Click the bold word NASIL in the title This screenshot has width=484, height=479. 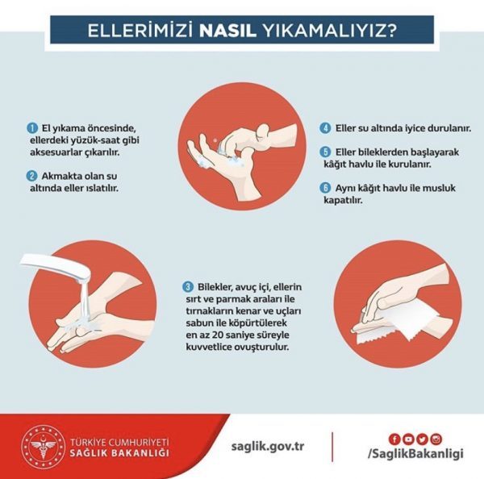(x=227, y=31)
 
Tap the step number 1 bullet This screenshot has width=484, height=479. (x=31, y=128)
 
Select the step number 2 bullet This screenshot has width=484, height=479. (x=31, y=177)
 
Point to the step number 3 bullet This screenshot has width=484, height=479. (x=188, y=287)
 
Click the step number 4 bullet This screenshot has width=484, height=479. (x=325, y=128)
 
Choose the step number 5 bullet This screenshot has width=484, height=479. (x=325, y=152)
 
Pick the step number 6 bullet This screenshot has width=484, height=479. (x=325, y=188)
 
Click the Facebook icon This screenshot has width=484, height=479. (x=394, y=439)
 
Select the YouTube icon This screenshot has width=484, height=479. (x=408, y=439)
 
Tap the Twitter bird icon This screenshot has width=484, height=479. (x=422, y=439)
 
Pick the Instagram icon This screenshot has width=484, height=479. (x=436, y=439)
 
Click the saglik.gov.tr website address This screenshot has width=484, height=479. (x=268, y=447)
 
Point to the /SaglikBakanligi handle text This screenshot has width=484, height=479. (x=415, y=453)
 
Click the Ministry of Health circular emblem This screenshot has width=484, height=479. (x=44, y=446)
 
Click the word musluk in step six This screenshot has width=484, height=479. (x=439, y=188)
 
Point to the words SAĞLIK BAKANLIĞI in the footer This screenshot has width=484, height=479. (x=119, y=452)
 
